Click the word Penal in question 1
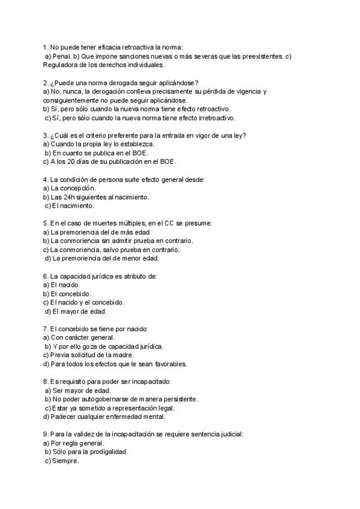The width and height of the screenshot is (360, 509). pos(62,56)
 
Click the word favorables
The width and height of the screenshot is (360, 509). pos(167,364)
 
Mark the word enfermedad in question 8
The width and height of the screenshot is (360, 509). pos(128,417)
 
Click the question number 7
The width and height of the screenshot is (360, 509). pos(46,329)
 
